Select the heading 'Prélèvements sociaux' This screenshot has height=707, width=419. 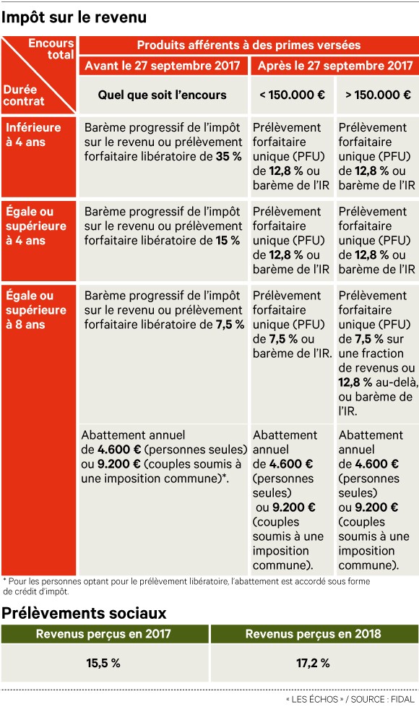(x=84, y=613)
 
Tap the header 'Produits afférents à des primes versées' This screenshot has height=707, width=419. (x=249, y=45)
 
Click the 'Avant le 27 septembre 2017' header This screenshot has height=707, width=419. (x=163, y=66)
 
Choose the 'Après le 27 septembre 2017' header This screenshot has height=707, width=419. (x=334, y=66)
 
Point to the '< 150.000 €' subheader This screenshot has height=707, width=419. (x=291, y=95)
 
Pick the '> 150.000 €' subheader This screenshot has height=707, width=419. (x=377, y=95)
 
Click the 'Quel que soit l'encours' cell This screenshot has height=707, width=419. (x=163, y=95)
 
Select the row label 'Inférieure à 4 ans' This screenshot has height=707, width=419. (x=34, y=134)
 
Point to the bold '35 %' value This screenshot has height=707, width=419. (x=229, y=156)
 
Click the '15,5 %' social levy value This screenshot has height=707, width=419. (x=104, y=662)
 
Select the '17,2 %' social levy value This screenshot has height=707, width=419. (x=313, y=662)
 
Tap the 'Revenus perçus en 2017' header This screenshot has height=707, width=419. (x=104, y=634)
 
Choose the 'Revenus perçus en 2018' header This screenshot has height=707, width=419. (x=313, y=634)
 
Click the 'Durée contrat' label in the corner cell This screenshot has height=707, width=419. (x=24, y=95)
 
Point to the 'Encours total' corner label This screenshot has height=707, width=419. (x=51, y=48)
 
